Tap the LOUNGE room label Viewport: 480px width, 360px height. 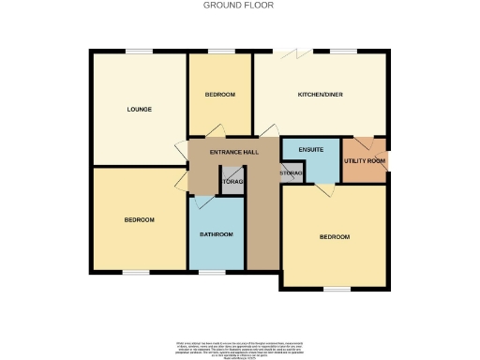[x=139, y=110]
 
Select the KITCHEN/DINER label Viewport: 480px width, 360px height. [x=319, y=95]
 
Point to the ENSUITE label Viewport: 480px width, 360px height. [x=311, y=150]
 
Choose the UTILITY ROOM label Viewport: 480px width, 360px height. [x=365, y=161]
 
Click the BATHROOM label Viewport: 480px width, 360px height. [x=217, y=233]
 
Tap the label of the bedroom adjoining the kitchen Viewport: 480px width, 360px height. [x=219, y=95]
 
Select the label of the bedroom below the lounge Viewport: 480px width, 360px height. [x=139, y=219]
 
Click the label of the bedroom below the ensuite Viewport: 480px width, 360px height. [x=334, y=237]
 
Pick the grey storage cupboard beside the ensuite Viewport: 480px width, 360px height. [x=290, y=174]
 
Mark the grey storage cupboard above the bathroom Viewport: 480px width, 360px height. [x=232, y=180]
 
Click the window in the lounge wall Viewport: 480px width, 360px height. [x=141, y=51]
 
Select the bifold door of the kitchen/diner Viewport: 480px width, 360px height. [x=298, y=52]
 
